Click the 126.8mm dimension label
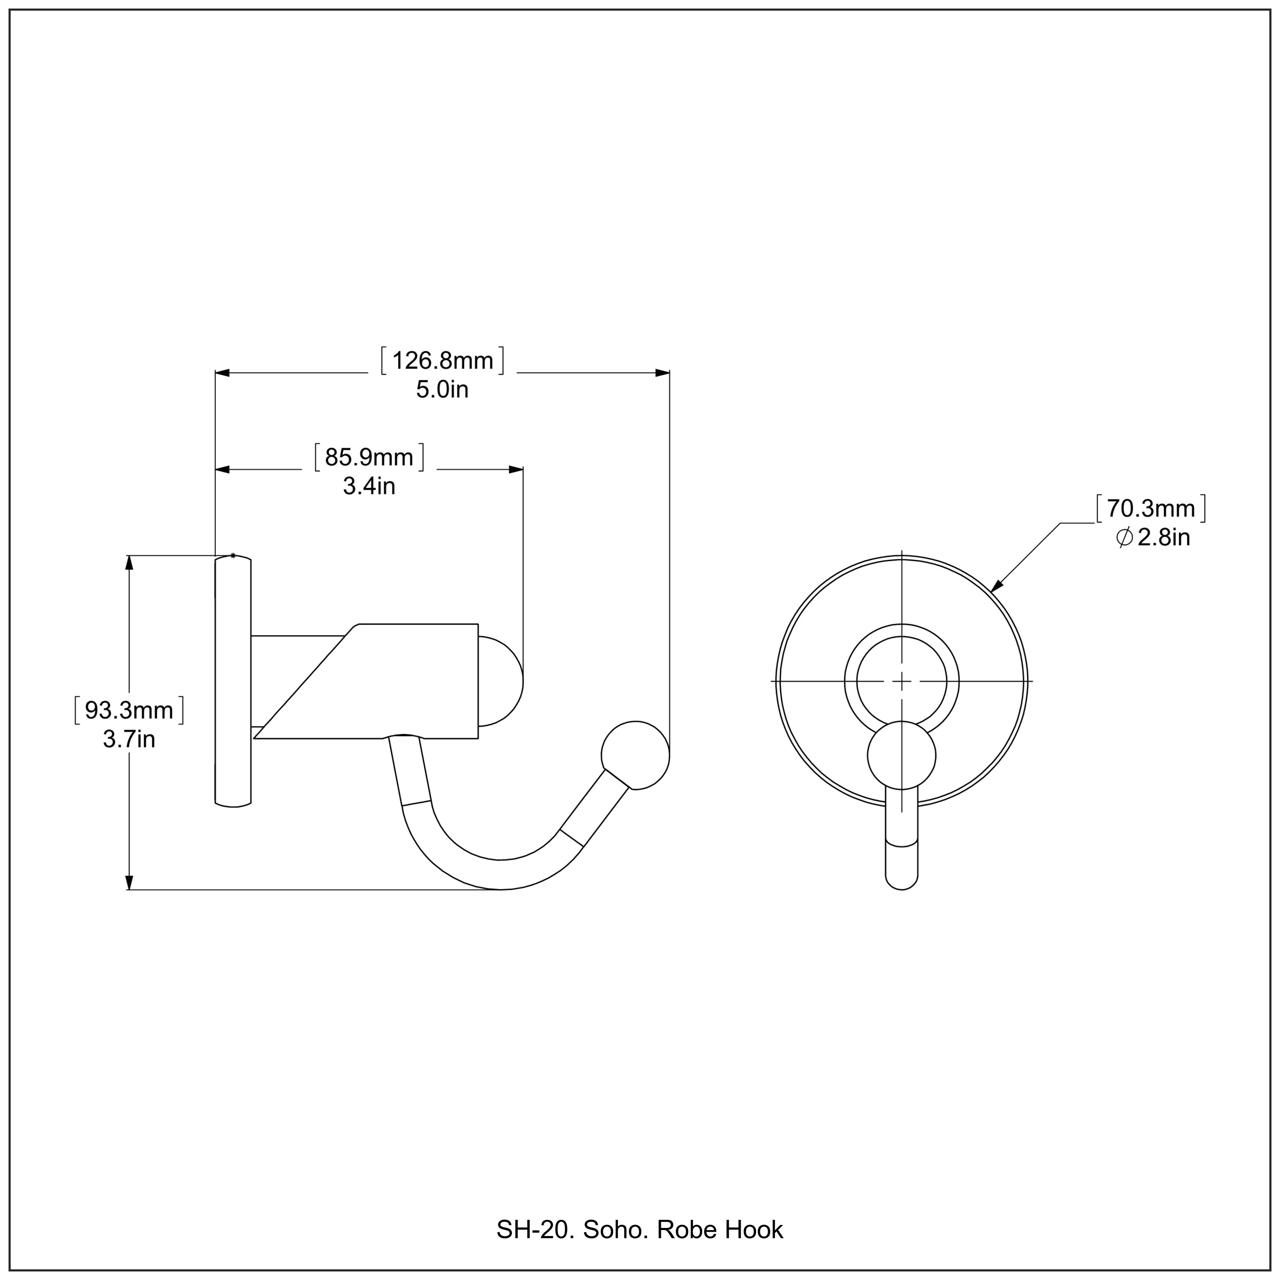point(442,361)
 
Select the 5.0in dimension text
point(442,390)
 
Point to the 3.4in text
point(369,486)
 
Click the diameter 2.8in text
point(1153,537)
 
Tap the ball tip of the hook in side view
point(635,755)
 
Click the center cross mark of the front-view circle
point(902,681)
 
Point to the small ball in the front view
point(901,755)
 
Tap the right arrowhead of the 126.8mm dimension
point(661,373)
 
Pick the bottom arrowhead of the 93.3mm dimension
point(129,882)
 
